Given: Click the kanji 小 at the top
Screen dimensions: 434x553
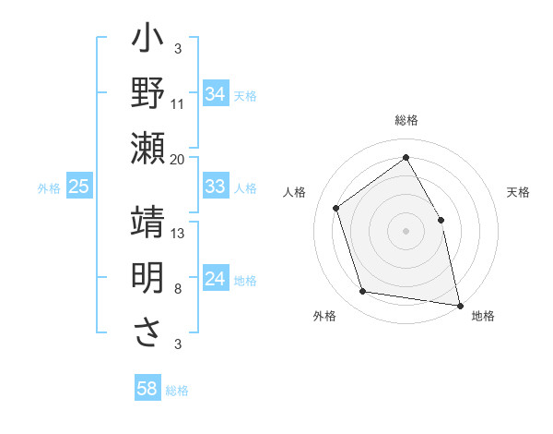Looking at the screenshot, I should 147,42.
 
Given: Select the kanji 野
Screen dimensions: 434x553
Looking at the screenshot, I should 147,95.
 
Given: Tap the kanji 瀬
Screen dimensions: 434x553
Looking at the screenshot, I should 147,148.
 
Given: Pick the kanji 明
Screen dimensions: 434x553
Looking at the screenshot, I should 147,277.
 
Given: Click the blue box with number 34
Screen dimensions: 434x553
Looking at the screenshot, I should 215,94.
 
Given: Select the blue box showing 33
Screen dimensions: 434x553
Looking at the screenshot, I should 215,187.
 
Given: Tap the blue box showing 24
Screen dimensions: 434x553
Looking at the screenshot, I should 215,279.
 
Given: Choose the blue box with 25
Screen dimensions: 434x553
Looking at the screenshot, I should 78,187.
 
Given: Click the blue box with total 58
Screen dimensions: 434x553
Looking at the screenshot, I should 147,389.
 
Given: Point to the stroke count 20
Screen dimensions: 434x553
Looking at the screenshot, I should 178,160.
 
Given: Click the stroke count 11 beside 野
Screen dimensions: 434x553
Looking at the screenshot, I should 178,102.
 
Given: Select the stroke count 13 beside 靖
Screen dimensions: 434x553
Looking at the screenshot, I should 178,234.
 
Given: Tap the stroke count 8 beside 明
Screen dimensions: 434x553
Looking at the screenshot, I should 178,289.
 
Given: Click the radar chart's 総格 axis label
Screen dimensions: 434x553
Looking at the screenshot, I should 406,120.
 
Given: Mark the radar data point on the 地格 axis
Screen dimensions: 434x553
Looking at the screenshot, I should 460,304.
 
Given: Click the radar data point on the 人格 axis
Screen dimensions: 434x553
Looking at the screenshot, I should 336,208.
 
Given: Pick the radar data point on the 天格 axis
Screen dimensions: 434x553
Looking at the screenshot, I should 441,220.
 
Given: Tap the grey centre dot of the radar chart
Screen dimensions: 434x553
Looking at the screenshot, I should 406,231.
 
